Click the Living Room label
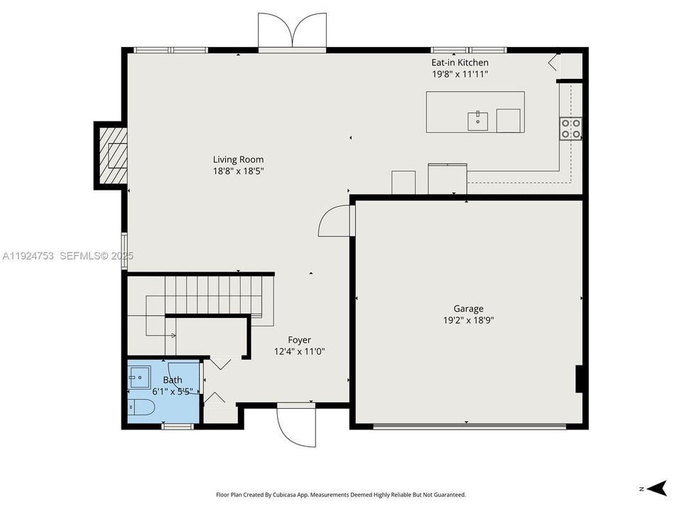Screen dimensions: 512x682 click(238, 159)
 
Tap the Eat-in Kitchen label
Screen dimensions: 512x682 click(460, 63)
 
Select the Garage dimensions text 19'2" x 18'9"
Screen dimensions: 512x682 click(468, 320)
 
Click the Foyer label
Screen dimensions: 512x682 click(299, 340)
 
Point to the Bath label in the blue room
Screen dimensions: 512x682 click(173, 380)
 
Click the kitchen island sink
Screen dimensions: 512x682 click(477, 121)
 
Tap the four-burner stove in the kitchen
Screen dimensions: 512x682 click(571, 128)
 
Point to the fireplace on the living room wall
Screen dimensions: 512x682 click(112, 154)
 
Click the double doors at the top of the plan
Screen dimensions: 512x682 click(292, 33)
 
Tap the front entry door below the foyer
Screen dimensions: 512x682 click(295, 425)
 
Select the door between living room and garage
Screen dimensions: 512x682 click(335, 220)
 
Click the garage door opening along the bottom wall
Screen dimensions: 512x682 click(469, 427)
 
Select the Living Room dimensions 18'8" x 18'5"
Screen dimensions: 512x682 click(238, 171)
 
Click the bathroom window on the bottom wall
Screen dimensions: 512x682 click(178, 426)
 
